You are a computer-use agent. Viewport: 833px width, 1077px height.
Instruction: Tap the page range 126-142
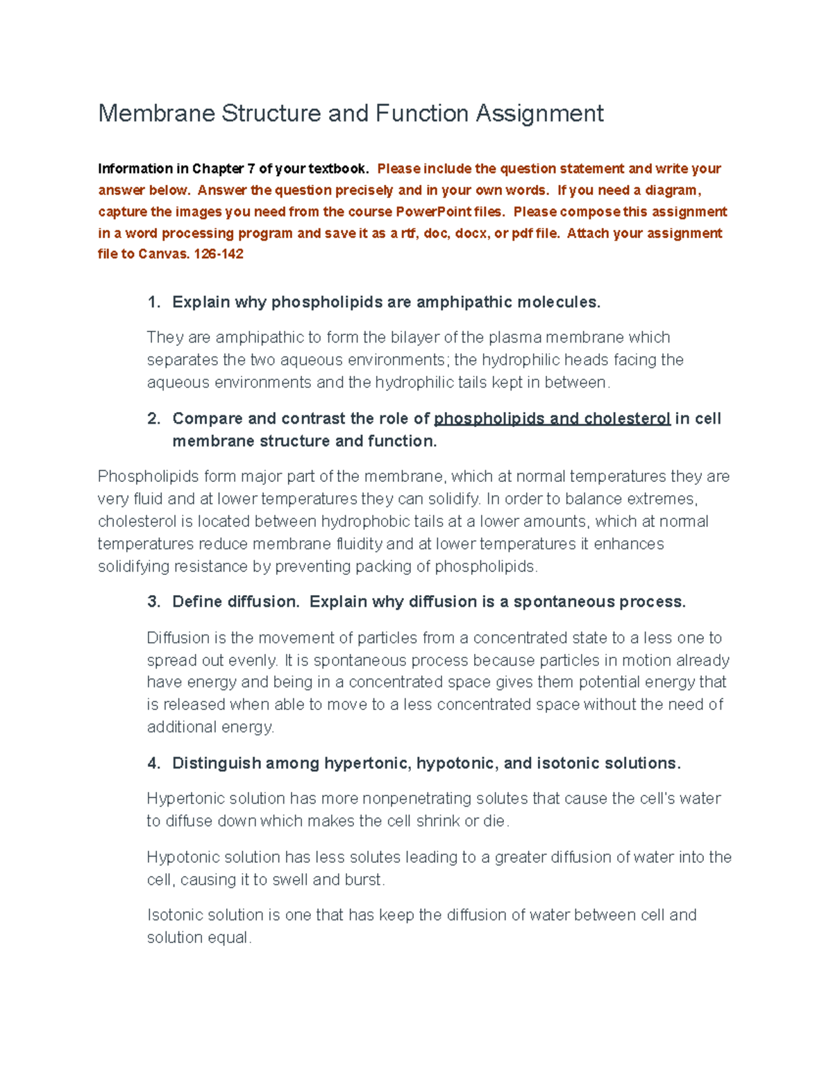(219, 254)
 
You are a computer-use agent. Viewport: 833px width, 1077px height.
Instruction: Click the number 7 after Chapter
(251, 169)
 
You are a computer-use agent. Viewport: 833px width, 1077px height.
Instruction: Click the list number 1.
(153, 302)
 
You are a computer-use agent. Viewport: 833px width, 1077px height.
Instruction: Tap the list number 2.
(153, 418)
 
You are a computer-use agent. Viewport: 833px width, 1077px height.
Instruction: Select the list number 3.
(153, 601)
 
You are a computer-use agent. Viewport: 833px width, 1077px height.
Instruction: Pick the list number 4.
(153, 763)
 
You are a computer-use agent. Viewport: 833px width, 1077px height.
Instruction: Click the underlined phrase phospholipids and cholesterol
(552, 418)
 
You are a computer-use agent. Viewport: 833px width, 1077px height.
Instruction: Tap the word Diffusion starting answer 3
(178, 637)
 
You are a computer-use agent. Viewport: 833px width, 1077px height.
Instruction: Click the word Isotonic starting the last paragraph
(174, 915)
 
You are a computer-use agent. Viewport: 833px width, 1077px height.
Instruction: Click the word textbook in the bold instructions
(338, 169)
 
